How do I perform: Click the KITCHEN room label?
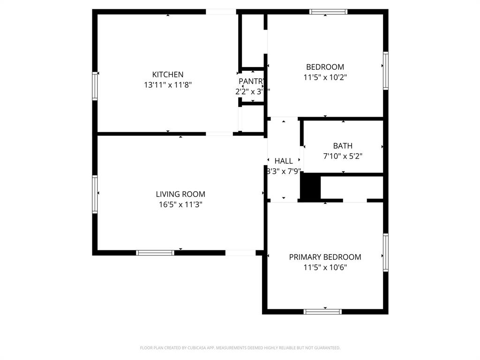coord(168,75)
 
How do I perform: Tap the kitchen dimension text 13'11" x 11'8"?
coord(168,85)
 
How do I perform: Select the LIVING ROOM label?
coord(180,194)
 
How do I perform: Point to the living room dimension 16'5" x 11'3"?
coord(180,204)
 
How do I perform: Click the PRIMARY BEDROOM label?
coord(325,257)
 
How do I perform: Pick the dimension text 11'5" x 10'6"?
coord(325,268)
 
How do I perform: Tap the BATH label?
coord(343,146)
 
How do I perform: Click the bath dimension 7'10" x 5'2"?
coord(343,156)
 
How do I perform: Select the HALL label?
coord(284,161)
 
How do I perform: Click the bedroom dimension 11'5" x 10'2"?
coord(325,77)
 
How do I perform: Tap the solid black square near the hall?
coord(309,187)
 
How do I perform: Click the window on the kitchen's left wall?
coord(95,86)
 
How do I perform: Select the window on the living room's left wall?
coord(95,194)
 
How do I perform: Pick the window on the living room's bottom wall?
coord(155,253)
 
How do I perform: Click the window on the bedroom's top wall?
coord(328,12)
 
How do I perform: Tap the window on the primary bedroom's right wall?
coord(385,252)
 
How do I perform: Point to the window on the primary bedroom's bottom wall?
coord(322,311)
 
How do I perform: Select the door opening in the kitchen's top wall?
coord(221,12)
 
